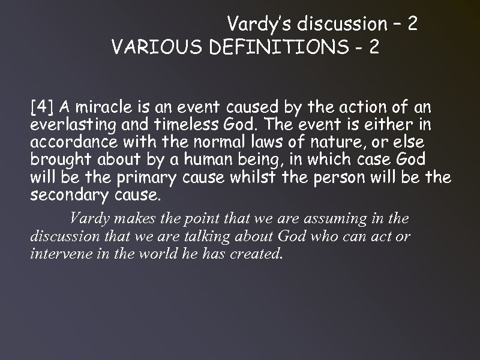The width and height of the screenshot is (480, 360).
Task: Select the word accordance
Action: [68, 143]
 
